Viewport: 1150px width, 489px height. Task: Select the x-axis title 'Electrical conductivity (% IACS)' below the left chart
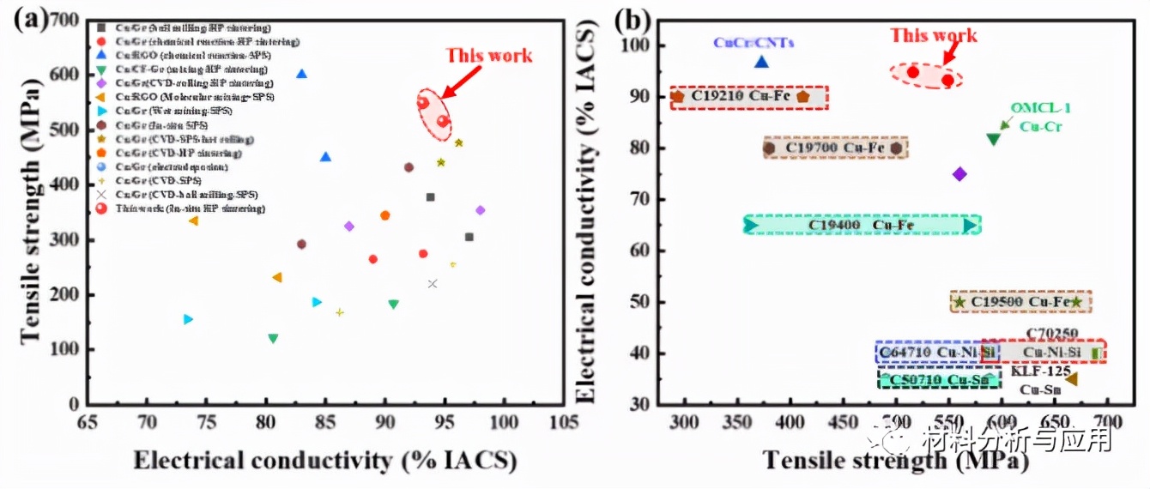(324, 460)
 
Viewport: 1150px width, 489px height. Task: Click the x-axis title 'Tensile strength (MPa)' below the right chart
(895, 461)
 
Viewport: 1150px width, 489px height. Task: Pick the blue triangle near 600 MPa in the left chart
(301, 74)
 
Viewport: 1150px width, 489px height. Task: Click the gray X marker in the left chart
(433, 284)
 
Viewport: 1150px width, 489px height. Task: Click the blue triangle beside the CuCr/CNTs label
(761, 62)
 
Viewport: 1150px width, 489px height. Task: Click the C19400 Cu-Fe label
(861, 226)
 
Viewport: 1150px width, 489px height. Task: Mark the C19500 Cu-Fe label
(1020, 302)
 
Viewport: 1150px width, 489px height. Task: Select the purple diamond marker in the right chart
(959, 174)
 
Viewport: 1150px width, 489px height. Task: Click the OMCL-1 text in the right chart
(1040, 108)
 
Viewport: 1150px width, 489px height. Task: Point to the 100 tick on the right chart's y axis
(645, 45)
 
